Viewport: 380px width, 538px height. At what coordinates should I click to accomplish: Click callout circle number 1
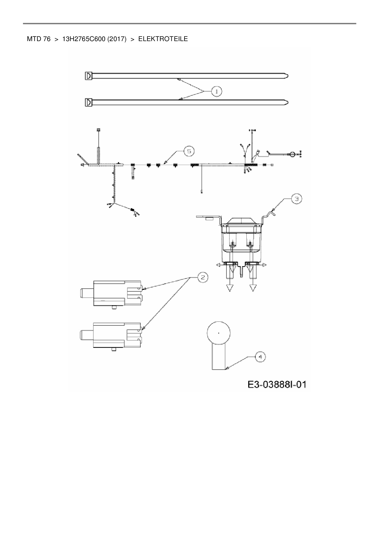(217, 91)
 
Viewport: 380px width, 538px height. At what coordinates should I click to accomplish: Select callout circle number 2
(203, 277)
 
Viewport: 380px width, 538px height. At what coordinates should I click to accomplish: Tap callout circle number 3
(296, 199)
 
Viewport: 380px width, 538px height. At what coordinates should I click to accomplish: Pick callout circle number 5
(189, 151)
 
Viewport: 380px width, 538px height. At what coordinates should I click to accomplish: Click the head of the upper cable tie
(88, 75)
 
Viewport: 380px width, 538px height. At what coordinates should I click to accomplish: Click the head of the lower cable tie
(88, 102)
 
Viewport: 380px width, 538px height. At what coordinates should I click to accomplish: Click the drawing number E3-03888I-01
(277, 384)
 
